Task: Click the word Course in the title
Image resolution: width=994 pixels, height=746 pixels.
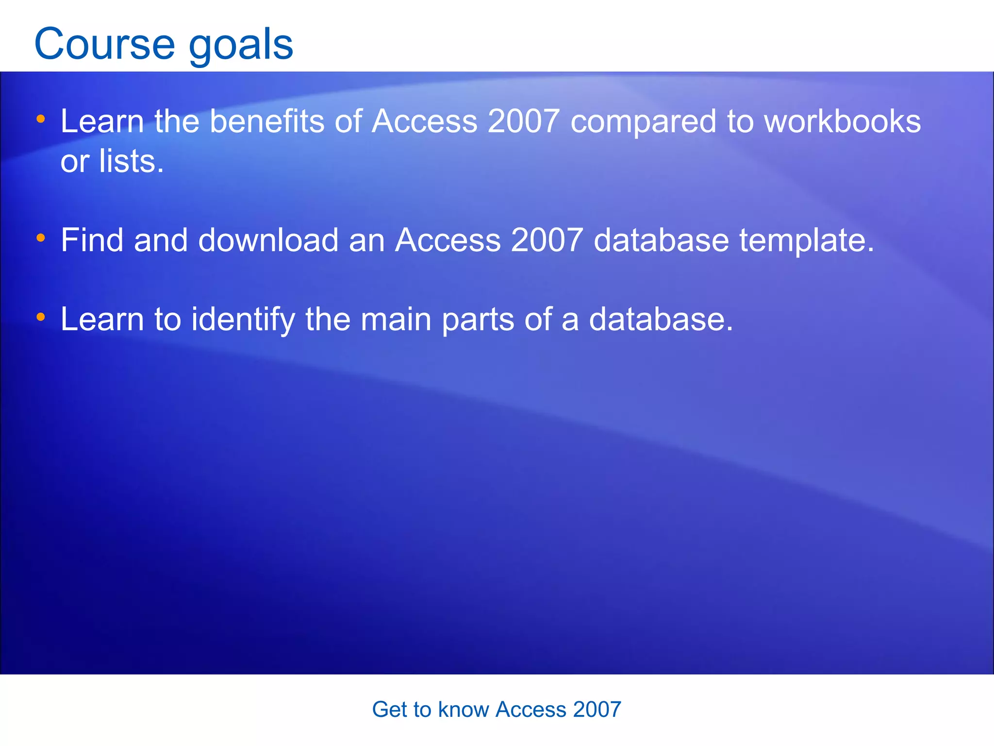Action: pyautogui.click(x=104, y=45)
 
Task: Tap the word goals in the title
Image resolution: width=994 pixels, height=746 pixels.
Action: pyautogui.click(x=241, y=45)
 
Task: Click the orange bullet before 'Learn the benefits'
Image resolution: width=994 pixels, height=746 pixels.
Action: pyautogui.click(x=41, y=119)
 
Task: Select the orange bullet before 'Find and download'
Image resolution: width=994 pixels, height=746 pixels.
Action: pyautogui.click(x=41, y=238)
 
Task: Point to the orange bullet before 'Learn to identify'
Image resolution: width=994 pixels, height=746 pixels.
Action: pyautogui.click(x=41, y=317)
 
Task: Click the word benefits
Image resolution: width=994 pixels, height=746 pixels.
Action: pyautogui.click(x=266, y=121)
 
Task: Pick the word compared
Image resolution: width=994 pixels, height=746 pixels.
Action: pyautogui.click(x=643, y=121)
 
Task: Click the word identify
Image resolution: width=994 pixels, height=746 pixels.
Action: pyautogui.click(x=243, y=320)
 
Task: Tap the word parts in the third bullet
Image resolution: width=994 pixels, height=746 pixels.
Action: pyautogui.click(x=478, y=320)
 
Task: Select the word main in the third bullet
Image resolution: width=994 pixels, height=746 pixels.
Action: pyautogui.click(x=396, y=320)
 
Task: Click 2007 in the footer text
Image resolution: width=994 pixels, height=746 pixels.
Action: pyautogui.click(x=597, y=710)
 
